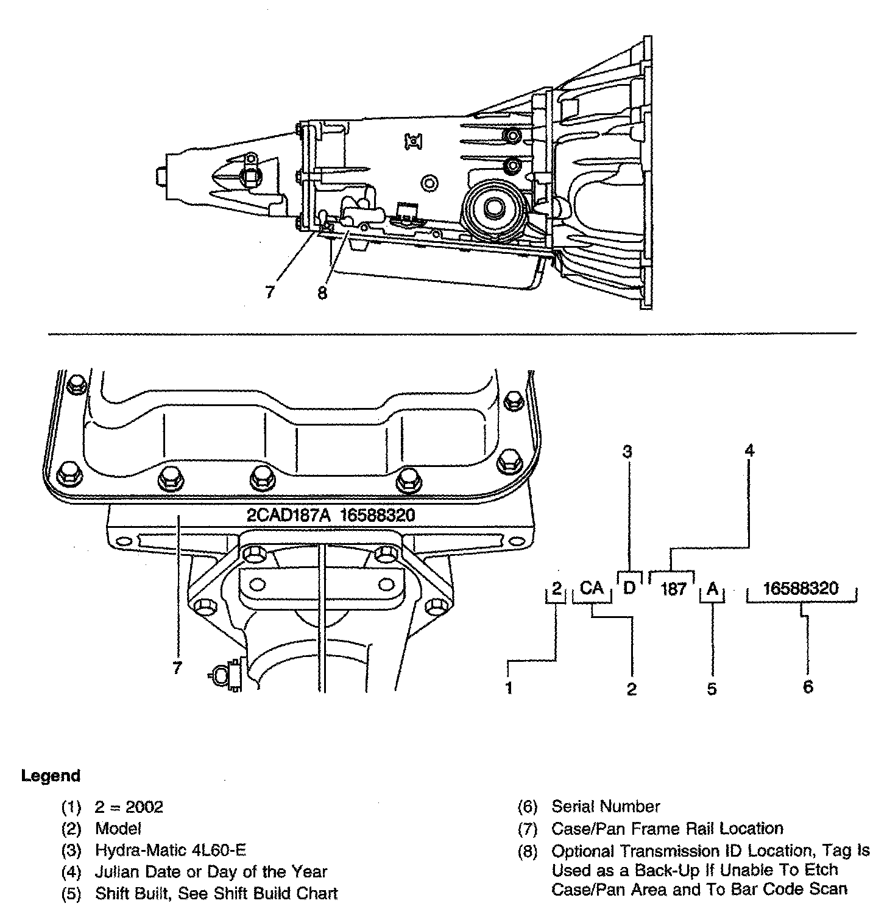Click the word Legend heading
[x=51, y=776]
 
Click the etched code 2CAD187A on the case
[x=288, y=515]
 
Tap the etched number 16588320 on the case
[x=377, y=515]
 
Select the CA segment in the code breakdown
[x=592, y=588]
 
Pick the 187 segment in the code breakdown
[x=673, y=589]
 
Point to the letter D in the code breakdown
[x=629, y=588]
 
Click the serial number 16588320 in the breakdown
[x=800, y=588]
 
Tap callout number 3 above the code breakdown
[x=627, y=451]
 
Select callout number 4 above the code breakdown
[x=749, y=451]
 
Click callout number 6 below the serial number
[x=808, y=687]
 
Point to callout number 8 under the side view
[x=322, y=293]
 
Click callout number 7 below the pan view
[x=177, y=668]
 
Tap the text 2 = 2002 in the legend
[x=129, y=807]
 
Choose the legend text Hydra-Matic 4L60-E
[x=171, y=850]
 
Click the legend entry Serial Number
[x=606, y=807]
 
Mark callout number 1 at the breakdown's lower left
[x=509, y=688]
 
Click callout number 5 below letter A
[x=712, y=689]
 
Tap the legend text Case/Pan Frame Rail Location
[x=667, y=828]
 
